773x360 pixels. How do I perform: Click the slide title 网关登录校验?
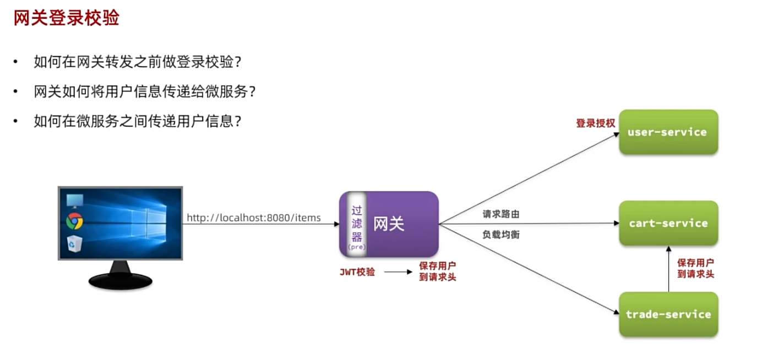pyautogui.click(x=67, y=19)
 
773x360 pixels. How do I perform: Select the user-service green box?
pyautogui.click(x=668, y=132)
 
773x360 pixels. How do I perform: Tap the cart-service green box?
pyautogui.click(x=668, y=223)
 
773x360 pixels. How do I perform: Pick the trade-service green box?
pyautogui.click(x=668, y=314)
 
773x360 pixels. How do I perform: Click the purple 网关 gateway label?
pyautogui.click(x=389, y=223)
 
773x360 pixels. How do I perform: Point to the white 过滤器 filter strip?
pyautogui.click(x=357, y=224)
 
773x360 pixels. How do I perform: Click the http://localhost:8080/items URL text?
pyautogui.click(x=253, y=218)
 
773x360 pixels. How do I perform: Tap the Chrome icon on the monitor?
pyautogui.click(x=74, y=221)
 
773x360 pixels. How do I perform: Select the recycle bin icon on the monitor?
pyautogui.click(x=74, y=243)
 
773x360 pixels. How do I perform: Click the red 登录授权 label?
pyautogui.click(x=595, y=123)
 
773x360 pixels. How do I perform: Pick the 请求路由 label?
pyautogui.click(x=500, y=214)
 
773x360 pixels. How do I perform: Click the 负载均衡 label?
pyautogui.click(x=500, y=234)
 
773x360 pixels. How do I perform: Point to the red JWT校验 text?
pyautogui.click(x=357, y=271)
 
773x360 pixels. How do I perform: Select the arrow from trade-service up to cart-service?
pyautogui.click(x=668, y=270)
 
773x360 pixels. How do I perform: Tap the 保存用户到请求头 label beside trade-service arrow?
pyautogui.click(x=695, y=268)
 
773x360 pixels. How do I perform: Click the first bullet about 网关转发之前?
pyautogui.click(x=138, y=62)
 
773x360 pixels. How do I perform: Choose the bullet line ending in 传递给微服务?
pyautogui.click(x=145, y=91)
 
